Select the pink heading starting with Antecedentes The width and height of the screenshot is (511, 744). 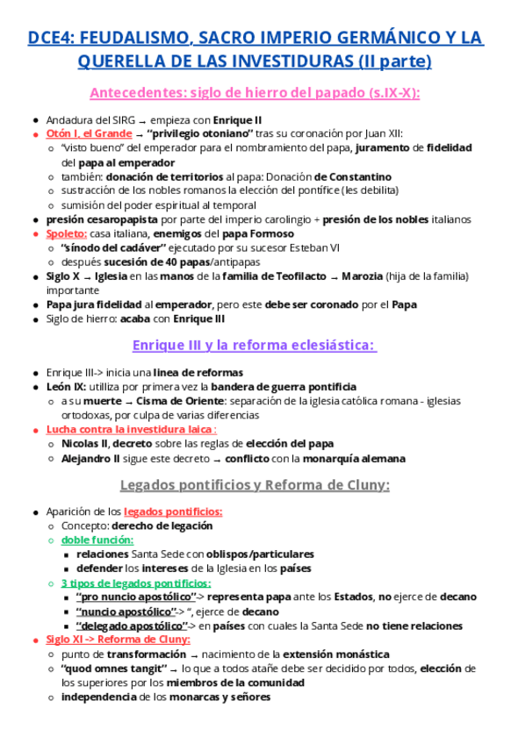click(255, 93)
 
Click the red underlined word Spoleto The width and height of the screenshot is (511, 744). click(66, 233)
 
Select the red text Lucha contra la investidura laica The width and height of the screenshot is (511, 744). click(130, 430)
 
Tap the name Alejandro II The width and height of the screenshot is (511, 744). click(90, 458)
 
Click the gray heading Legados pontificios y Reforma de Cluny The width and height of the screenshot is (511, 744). click(255, 485)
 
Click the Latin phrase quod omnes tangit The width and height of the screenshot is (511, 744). click(113, 669)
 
